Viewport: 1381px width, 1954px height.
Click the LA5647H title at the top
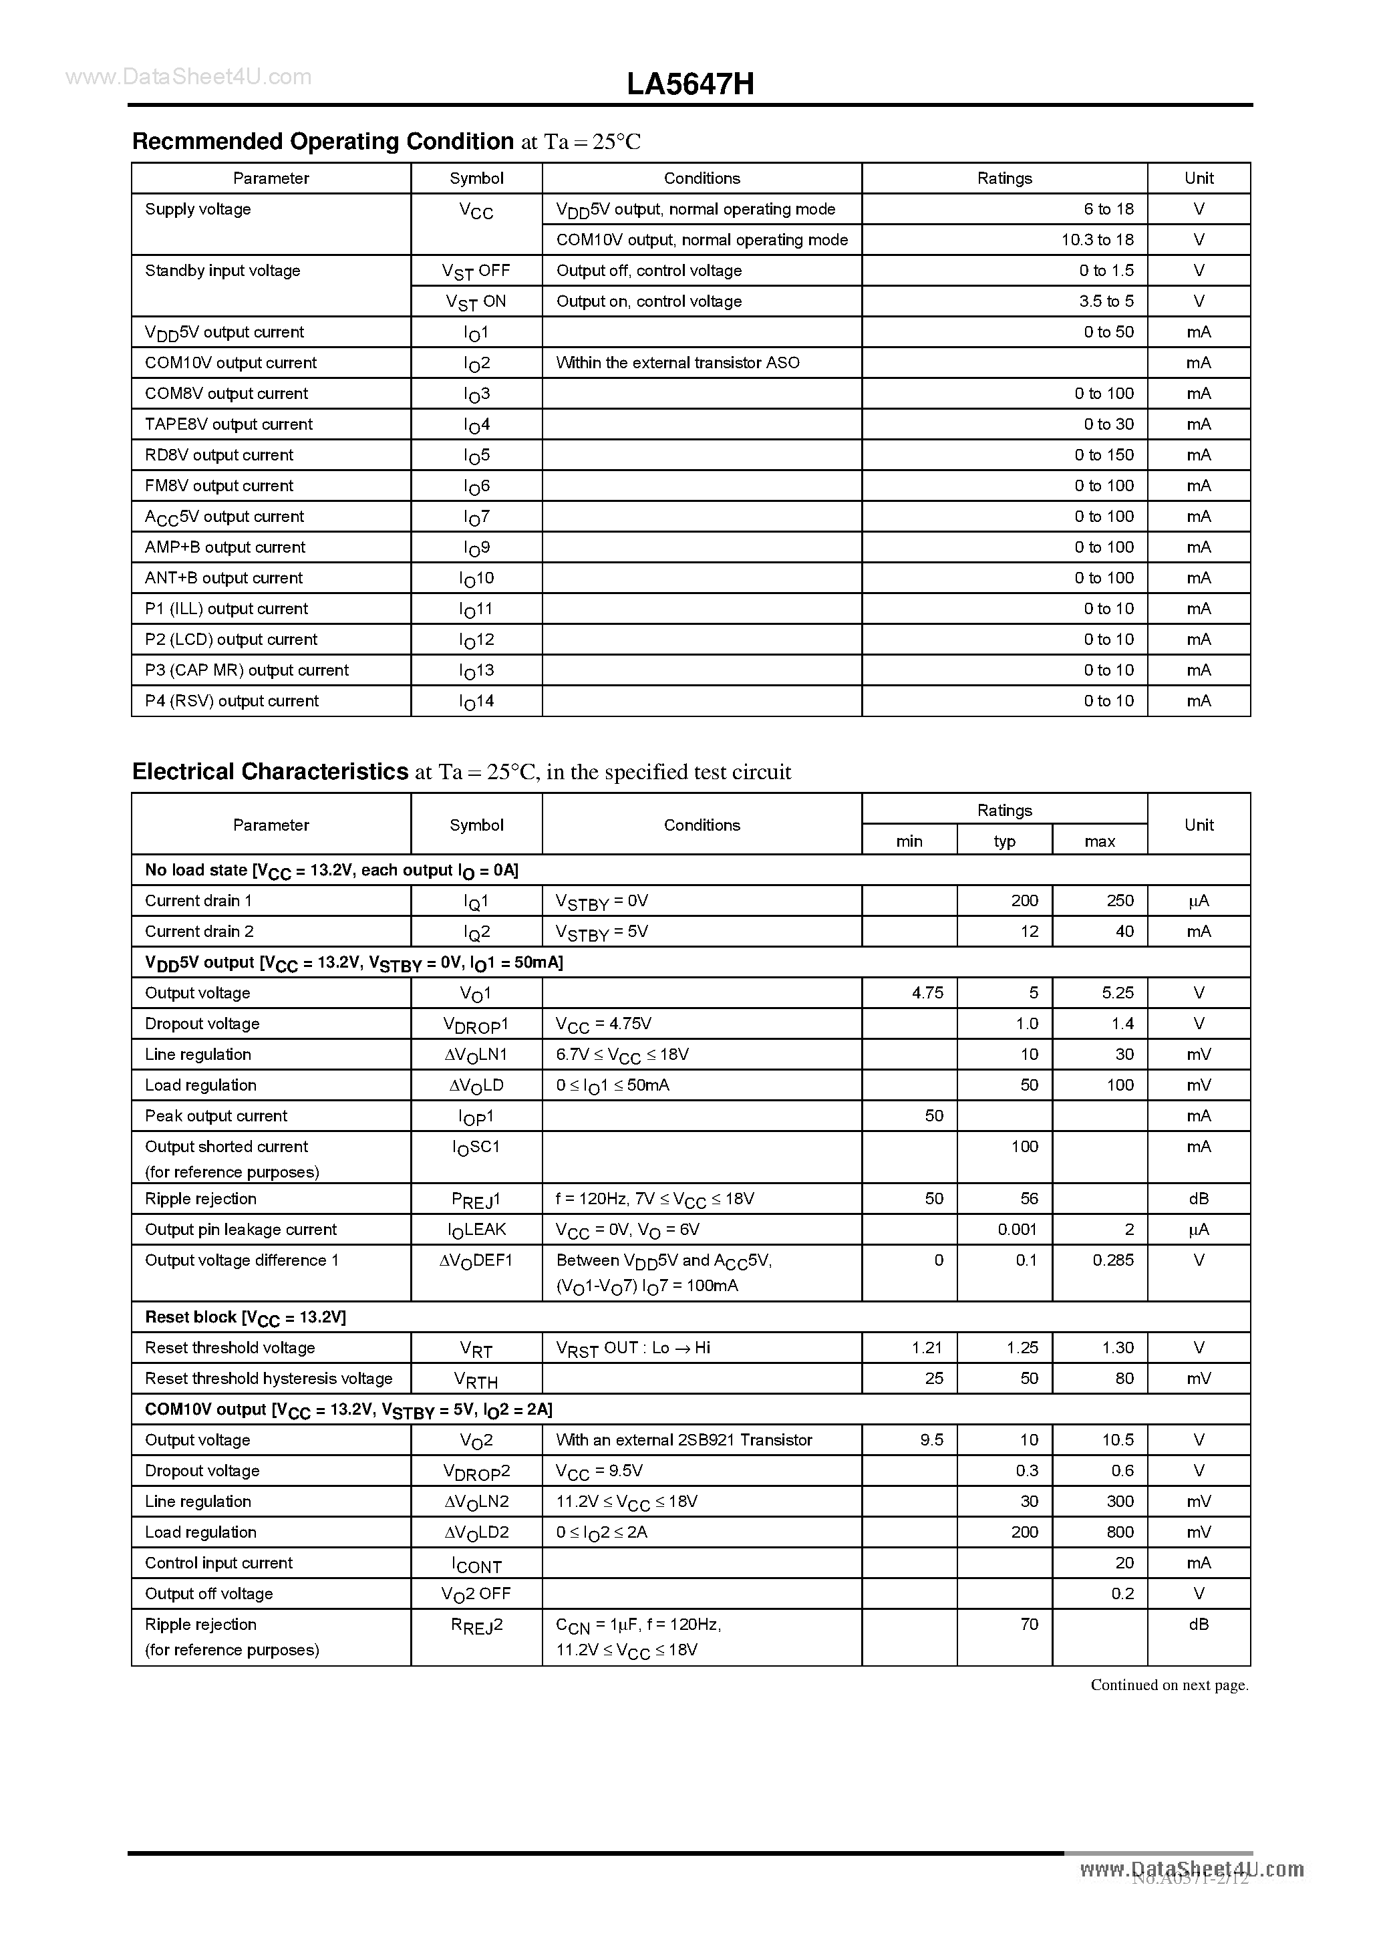(690, 84)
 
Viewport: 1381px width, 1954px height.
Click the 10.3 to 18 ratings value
(1097, 240)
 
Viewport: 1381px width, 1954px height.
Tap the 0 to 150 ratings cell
(1104, 455)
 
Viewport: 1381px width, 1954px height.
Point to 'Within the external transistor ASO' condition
(677, 363)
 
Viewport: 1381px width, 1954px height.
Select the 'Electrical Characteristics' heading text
(271, 772)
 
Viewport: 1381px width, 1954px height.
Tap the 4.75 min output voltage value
(927, 993)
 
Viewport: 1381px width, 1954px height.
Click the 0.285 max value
(1113, 1260)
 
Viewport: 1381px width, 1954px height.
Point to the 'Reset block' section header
(245, 1317)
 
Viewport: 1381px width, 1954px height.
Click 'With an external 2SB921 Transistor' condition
(683, 1440)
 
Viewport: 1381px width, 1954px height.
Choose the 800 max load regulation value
(1120, 1532)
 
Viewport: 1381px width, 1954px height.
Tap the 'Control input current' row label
(218, 1562)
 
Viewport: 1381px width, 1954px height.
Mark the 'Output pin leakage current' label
(241, 1230)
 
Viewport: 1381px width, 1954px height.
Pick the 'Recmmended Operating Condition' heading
(323, 141)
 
